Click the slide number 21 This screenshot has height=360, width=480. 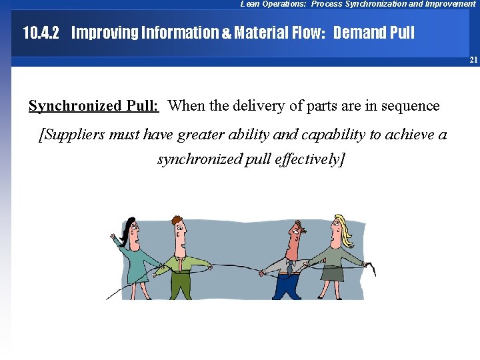point(473,60)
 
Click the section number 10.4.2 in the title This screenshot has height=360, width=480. point(41,32)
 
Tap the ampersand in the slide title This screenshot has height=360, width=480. point(225,33)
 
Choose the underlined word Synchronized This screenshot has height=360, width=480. point(75,105)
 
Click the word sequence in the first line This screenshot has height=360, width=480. point(412,105)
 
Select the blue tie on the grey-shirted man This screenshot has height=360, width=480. point(290,267)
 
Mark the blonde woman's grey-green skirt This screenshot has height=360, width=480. point(333,273)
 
